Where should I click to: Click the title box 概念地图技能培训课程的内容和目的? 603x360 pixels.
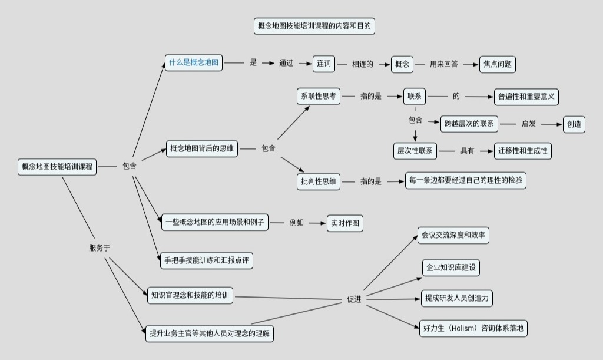(x=314, y=26)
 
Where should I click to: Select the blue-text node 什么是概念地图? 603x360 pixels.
(x=194, y=62)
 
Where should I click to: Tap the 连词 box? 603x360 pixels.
(x=323, y=64)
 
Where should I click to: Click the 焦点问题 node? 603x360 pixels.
(x=497, y=64)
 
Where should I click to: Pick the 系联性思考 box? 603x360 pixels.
(x=318, y=96)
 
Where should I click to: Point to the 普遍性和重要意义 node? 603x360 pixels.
(x=526, y=97)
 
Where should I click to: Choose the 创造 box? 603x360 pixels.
(x=574, y=124)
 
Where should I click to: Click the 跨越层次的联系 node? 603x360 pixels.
(x=469, y=124)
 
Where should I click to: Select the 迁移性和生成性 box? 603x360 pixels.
(x=523, y=151)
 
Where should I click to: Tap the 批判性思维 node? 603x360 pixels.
(x=318, y=181)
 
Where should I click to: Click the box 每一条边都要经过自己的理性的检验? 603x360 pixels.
(x=465, y=180)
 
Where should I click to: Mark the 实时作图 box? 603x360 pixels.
(x=345, y=223)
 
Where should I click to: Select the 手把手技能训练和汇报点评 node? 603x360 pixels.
(x=207, y=260)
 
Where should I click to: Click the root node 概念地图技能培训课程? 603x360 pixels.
(x=57, y=167)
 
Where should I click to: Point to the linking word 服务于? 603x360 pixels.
(x=100, y=248)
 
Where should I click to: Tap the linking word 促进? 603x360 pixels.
(x=354, y=300)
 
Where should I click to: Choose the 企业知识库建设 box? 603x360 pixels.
(x=451, y=267)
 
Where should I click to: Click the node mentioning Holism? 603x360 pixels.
(x=473, y=328)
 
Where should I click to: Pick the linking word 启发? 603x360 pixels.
(x=528, y=124)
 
